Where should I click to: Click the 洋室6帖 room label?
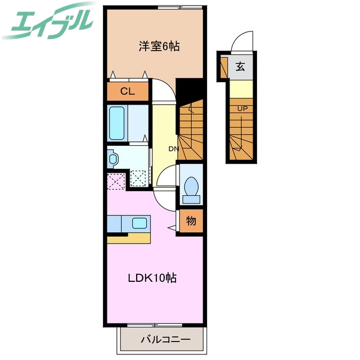point(159,47)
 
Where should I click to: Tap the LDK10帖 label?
point(153,278)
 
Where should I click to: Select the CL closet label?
point(128,92)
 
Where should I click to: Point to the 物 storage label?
point(191,221)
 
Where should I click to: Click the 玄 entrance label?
point(240,67)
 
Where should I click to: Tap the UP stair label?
point(242,108)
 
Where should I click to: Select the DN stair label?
point(173,149)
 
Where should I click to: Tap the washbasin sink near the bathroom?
point(112,159)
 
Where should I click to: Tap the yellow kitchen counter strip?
point(129,238)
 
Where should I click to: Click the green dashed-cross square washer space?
point(138,178)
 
